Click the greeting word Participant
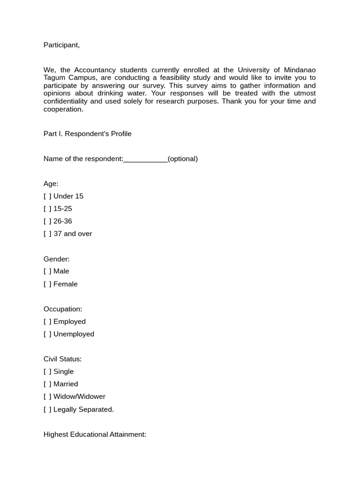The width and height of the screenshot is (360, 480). tap(61, 45)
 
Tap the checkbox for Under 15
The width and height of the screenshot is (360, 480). tap(47, 196)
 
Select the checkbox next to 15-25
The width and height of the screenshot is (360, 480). tap(47, 209)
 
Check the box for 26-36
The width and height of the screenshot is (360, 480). tap(47, 221)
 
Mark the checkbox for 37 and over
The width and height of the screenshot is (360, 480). tap(47, 234)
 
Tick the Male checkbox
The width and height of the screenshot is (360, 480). tap(47, 271)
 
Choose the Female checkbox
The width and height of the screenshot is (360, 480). tap(47, 284)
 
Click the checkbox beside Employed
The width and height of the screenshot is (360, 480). tap(47, 322)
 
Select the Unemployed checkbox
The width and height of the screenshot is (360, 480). tap(47, 334)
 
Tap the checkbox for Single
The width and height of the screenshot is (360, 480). tap(47, 372)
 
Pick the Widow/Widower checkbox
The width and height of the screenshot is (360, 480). tap(47, 397)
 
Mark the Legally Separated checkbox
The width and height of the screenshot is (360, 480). tap(47, 410)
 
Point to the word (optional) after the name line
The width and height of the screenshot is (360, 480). tap(183, 159)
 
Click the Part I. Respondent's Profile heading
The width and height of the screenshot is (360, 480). tap(88, 134)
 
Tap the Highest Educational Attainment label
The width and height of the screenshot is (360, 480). tap(95, 435)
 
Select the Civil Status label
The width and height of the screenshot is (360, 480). tap(62, 359)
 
